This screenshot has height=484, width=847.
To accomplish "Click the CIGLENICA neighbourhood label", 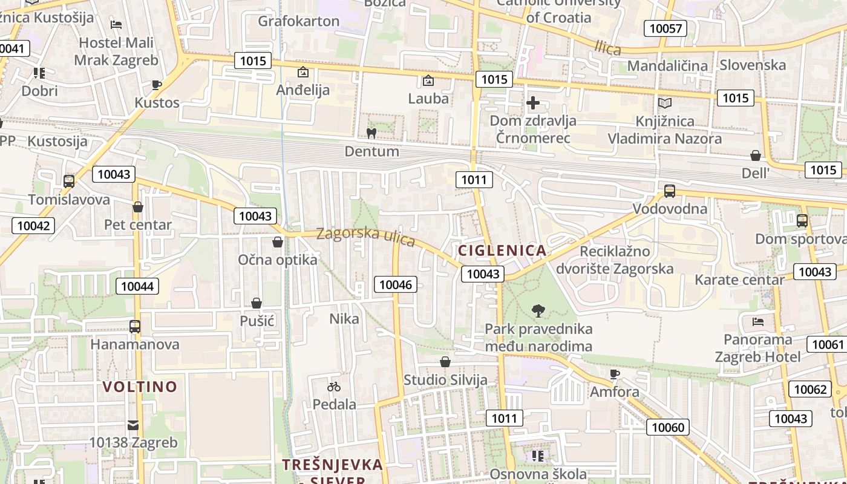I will coord(502,250).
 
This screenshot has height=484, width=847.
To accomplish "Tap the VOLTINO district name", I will coord(140,387).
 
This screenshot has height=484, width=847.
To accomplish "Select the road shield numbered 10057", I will coord(665,28).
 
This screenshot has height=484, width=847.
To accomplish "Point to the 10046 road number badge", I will coord(396,284).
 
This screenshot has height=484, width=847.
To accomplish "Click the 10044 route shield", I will coord(137,286).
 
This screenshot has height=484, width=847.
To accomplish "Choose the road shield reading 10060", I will coord(668,427).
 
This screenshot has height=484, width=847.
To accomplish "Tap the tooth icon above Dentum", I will coord(371,133).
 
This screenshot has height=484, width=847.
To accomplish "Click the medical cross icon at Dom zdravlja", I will coord(533,103).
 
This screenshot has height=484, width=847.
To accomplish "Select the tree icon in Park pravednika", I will coord(538,311).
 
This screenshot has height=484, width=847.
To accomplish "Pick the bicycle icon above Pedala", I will coord(334,386).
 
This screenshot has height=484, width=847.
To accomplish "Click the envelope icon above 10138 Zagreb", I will coord(133,425).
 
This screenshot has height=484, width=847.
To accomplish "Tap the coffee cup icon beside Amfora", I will coord(615,374).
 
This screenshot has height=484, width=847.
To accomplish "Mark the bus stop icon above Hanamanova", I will coord(134,327).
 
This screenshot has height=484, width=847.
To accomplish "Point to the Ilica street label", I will coord(608,48).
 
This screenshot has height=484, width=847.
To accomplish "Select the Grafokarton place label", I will coord(298,21).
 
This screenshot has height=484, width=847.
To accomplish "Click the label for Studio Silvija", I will coord(445,380).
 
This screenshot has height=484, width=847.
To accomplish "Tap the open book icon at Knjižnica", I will coord(664,103).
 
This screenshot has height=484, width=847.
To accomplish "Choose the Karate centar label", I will coord(739,280).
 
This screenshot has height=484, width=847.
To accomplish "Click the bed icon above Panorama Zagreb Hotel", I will coord(757,321).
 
